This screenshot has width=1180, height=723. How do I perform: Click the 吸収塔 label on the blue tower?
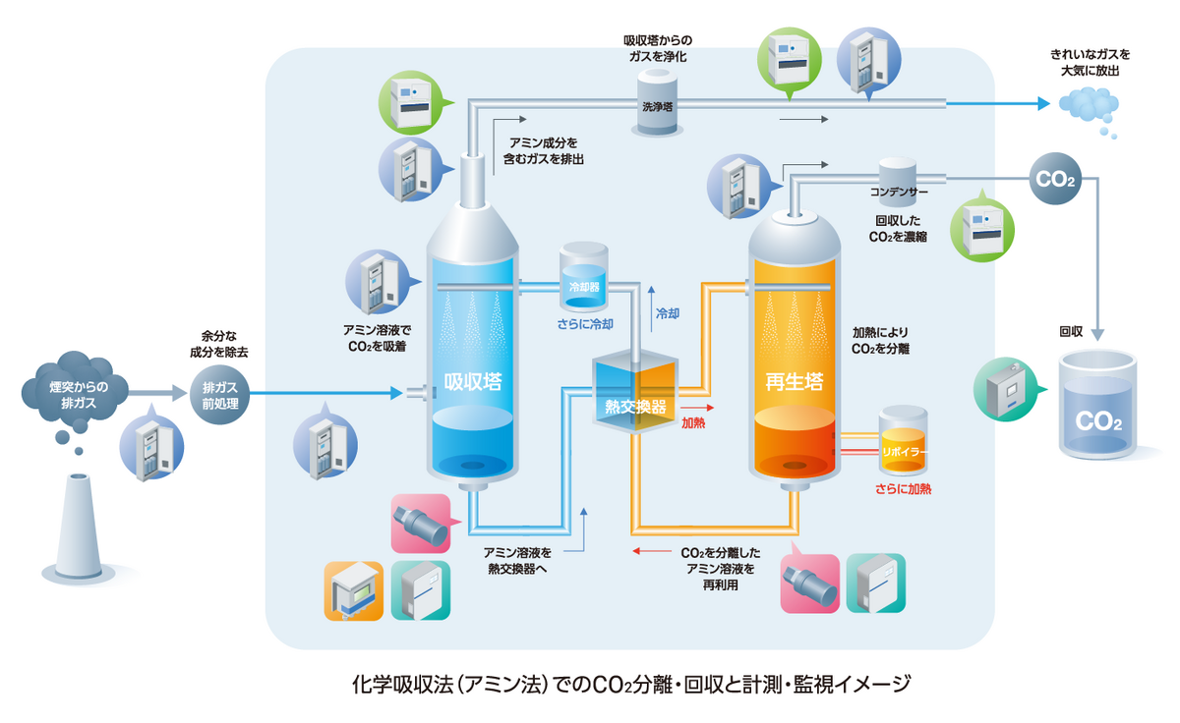coord(473,381)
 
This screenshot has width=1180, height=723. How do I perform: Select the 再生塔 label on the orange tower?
coord(794,381)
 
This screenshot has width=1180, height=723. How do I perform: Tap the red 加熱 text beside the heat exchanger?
coord(693,423)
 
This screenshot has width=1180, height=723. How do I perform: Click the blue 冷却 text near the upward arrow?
coord(668,314)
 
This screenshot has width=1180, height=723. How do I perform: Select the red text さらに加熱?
coord(903,488)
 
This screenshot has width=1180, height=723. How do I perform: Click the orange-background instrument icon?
coord(353,590)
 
